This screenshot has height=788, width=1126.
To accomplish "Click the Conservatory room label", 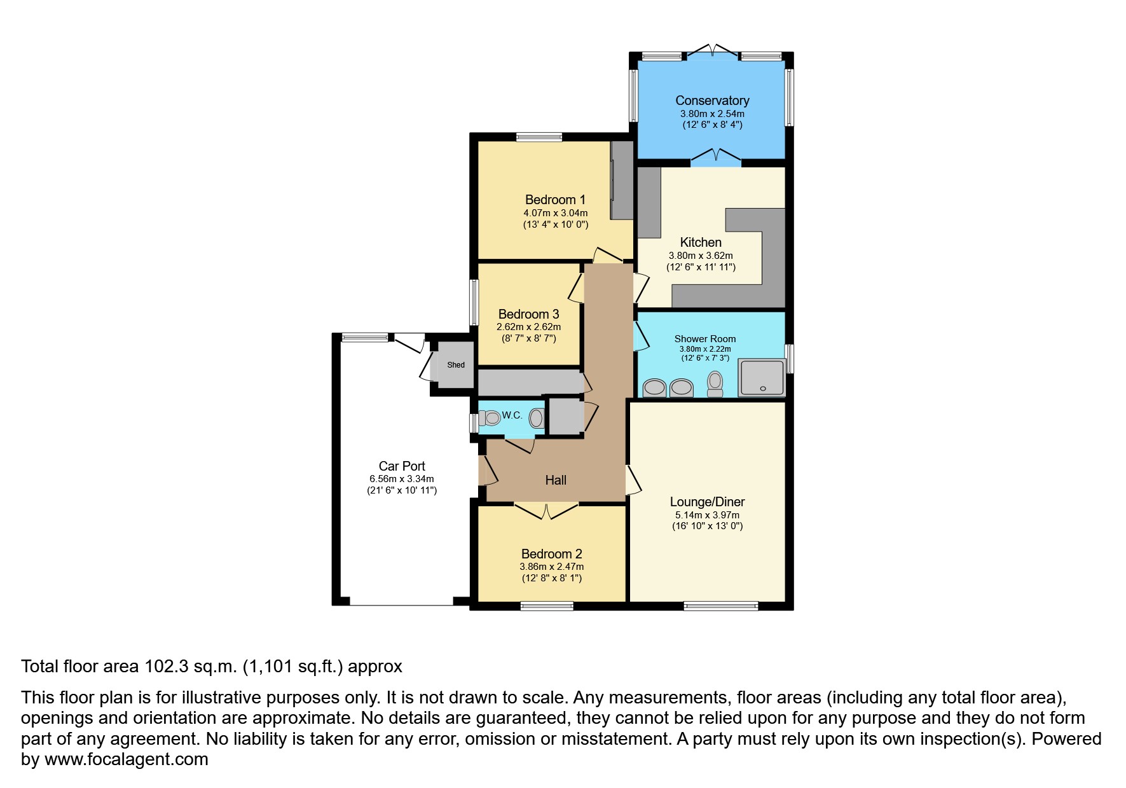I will click(712, 100).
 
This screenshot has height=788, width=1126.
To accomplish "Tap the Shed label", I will click(456, 365).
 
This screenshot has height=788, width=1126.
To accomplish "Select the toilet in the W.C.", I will click(490, 418).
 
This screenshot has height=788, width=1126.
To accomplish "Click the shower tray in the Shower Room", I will click(762, 377).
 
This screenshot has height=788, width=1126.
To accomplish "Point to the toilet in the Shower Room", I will click(715, 384).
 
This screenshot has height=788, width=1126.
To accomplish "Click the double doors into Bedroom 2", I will click(546, 511).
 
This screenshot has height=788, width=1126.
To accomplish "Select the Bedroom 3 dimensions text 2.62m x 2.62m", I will click(529, 327).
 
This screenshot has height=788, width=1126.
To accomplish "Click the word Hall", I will click(556, 480).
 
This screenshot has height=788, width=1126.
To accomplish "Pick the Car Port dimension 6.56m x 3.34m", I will click(402, 479).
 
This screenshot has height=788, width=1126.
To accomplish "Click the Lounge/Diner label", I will click(707, 502).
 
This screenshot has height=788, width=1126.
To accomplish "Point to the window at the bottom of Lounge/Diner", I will click(721, 606).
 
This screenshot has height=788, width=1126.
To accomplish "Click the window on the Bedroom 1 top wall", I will click(539, 137).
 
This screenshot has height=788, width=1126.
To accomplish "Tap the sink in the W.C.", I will click(537, 418).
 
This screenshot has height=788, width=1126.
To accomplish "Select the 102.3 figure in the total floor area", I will click(167, 667).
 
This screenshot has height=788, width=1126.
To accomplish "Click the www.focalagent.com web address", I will click(127, 759).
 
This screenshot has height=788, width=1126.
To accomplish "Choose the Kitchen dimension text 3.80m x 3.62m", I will click(701, 256).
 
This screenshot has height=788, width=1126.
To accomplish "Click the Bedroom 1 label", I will click(555, 200).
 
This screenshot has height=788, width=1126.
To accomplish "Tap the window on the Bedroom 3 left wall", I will click(474, 302).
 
